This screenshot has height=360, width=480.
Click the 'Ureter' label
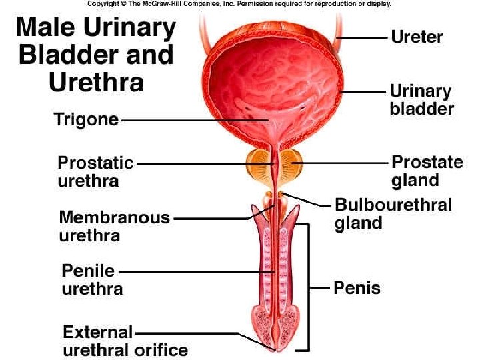pos(417,36)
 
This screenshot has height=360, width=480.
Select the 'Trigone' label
pos(86,121)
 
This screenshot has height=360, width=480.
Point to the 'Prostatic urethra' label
pos(95,171)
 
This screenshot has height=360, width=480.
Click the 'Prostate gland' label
pos(427,171)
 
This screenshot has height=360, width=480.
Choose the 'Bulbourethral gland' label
pos(393,213)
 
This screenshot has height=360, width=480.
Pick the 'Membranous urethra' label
pos(114,226)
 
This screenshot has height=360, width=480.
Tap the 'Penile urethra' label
pos(92,280)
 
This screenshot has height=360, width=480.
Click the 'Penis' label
pos(357,288)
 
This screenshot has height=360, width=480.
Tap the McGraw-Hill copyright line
pos(239,4)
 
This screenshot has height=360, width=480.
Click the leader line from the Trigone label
pos(193,121)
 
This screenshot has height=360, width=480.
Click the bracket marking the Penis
pos(308,287)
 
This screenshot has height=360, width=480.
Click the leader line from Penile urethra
pos(193,271)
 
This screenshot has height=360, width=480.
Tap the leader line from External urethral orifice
pos(200,332)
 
